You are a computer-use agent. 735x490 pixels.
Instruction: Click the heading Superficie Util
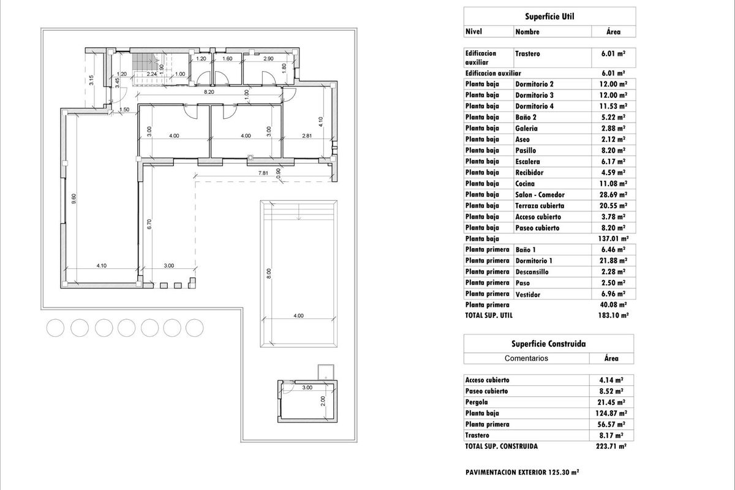[x=549, y=17]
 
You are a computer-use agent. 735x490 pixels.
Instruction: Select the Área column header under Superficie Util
[x=612, y=31]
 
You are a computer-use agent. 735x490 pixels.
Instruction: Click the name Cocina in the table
[x=525, y=184]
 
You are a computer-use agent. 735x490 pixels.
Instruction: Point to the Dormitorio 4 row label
[x=534, y=107]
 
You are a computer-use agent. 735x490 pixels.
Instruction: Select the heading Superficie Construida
[x=549, y=344]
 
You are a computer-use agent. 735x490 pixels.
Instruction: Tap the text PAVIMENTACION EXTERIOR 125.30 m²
[x=522, y=472]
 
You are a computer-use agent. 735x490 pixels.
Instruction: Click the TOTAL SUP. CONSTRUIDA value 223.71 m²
[x=613, y=447]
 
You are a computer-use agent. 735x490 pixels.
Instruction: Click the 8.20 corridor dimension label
[x=208, y=92]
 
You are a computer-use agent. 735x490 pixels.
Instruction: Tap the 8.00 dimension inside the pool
[x=269, y=275]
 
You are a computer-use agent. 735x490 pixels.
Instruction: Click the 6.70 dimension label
[x=148, y=224]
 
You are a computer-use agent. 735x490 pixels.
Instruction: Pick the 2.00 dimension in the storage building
[x=322, y=401]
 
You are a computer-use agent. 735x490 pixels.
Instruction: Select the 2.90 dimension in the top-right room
[x=268, y=59]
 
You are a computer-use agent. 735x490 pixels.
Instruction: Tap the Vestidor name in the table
[x=527, y=295]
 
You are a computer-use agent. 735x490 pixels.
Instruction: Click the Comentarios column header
[x=526, y=358]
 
